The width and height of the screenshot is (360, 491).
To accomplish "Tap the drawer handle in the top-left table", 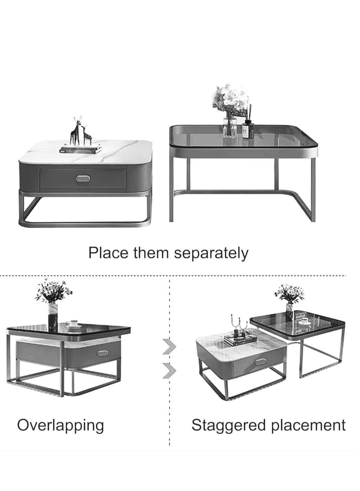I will click(x=82, y=179).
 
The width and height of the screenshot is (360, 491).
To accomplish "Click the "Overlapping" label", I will click(x=60, y=425).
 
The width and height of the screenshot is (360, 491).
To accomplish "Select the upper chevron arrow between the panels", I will click(x=169, y=347).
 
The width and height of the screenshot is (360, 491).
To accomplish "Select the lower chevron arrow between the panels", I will click(x=169, y=371).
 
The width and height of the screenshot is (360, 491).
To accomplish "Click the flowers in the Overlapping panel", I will click(x=54, y=291).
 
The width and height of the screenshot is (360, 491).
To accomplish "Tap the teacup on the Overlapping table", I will click(x=72, y=324).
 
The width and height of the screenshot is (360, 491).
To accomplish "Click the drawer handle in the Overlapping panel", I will click(x=103, y=353).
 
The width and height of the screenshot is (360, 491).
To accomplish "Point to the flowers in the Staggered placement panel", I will click(x=289, y=293).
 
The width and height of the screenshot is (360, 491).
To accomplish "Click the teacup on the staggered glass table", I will click(x=305, y=321).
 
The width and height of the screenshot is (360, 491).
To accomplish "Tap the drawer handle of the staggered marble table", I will click(x=260, y=361).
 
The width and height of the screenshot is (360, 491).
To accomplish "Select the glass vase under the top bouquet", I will click(x=229, y=126).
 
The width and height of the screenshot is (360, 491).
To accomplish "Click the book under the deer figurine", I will click(x=81, y=149).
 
